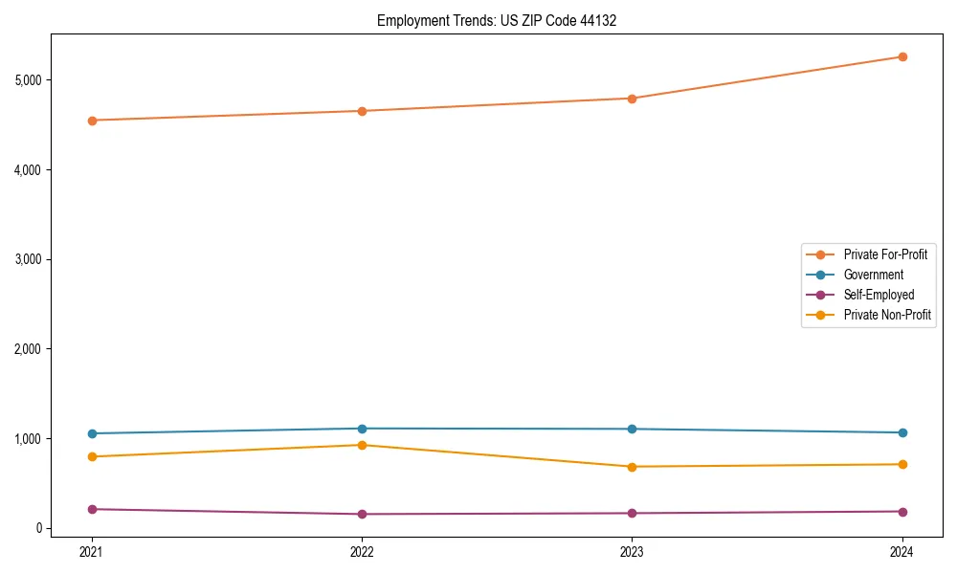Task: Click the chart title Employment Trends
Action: pos(497,20)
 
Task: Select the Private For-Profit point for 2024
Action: pos(902,56)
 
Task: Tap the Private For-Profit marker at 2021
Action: pos(92,121)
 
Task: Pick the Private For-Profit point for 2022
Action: pos(362,111)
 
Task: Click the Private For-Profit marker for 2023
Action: pos(633,99)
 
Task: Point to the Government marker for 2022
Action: pos(362,429)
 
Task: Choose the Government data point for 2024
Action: pos(902,432)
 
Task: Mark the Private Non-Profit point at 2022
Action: pos(362,445)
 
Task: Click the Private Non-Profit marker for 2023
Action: pos(633,467)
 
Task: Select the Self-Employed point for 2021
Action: pos(92,509)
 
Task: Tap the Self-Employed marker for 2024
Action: pos(902,511)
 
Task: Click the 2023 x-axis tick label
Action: pos(633,551)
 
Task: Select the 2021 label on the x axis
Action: pos(92,551)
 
